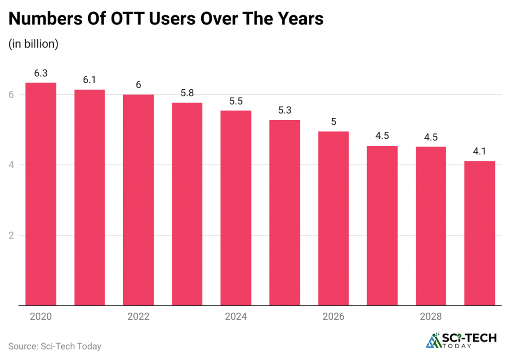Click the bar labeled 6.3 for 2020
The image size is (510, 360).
click(x=41, y=194)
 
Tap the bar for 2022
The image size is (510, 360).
click(x=138, y=200)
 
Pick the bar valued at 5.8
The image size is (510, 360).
click(x=187, y=204)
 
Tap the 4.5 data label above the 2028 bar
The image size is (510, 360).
click(x=431, y=137)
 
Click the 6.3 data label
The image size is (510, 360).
click(x=41, y=73)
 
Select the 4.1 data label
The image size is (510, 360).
click(x=480, y=152)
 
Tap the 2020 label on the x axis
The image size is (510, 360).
click(x=41, y=317)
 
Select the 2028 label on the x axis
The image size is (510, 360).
click(x=431, y=317)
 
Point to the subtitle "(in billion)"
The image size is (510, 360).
click(x=34, y=44)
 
